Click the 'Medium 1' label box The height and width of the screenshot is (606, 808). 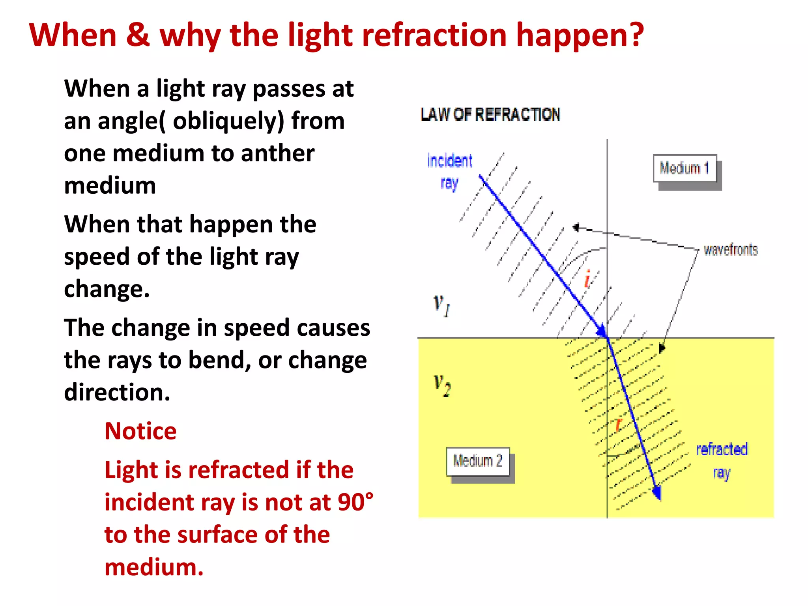(685, 168)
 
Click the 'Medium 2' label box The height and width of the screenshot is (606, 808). (478, 461)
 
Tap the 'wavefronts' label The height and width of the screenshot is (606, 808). (731, 250)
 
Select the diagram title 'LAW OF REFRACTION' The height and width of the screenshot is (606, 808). (490, 114)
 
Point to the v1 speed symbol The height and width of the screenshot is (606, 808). (441, 305)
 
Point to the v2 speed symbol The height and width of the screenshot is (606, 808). (442, 385)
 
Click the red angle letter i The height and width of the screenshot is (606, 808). (587, 279)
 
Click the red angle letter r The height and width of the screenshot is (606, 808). (618, 425)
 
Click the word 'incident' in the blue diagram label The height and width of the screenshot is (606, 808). (450, 161)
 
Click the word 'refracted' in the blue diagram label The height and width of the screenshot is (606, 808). (722, 449)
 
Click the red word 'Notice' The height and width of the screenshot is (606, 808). (140, 431)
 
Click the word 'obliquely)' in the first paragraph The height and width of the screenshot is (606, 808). (228, 121)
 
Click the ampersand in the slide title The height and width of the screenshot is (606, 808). (138, 35)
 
